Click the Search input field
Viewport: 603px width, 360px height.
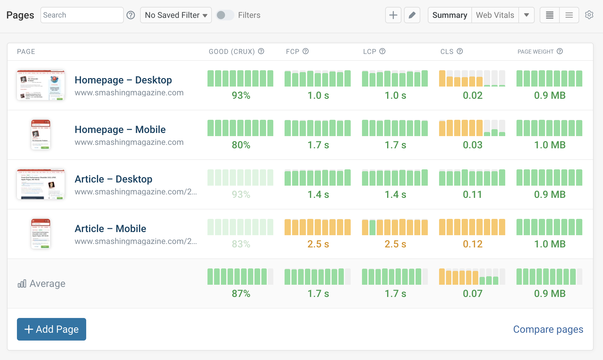[x=82, y=15]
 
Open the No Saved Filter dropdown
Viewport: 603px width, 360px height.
[x=176, y=15]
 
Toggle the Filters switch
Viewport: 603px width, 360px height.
[x=225, y=15]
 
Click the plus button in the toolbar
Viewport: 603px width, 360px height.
[x=393, y=15]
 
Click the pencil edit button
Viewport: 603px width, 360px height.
[x=412, y=15]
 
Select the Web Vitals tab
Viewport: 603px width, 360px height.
[x=495, y=15]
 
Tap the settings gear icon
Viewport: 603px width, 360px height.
[x=589, y=15]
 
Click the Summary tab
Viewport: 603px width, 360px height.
[x=450, y=15]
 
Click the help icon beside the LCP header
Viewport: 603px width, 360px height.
[x=382, y=51]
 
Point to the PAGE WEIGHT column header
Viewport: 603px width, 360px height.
[x=535, y=52]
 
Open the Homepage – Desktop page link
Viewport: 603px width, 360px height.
[x=123, y=80]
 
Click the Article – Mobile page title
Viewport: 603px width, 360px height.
[x=110, y=229]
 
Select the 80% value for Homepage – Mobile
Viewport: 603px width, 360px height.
[x=241, y=145]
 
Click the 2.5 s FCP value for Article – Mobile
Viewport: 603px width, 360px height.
[x=318, y=244]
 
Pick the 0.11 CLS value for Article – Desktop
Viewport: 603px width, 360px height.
[x=473, y=194]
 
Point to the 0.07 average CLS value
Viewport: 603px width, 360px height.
[x=473, y=294]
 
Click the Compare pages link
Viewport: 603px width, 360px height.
[x=548, y=329]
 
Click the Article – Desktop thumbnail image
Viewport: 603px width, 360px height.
[x=41, y=184]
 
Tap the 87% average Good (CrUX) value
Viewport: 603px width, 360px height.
[x=241, y=294]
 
